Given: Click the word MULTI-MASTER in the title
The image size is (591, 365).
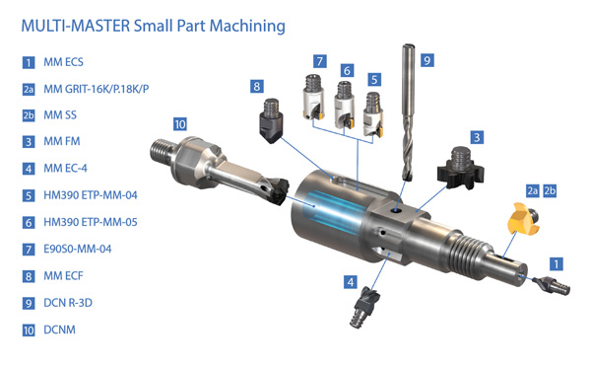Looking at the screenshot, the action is tap(76, 26).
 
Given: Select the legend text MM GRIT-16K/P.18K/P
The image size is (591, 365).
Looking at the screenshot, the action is tap(97, 89).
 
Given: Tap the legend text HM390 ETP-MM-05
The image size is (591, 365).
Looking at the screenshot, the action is tap(91, 222).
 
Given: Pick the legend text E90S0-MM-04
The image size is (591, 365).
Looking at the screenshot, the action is tap(78, 249).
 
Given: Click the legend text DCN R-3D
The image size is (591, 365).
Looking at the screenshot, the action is tap(68, 303).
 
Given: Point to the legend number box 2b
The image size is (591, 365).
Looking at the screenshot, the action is tap(29, 115).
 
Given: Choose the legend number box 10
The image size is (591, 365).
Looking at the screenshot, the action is tap(29, 330).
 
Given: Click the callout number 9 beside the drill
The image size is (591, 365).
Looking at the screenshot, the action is tap(427, 60).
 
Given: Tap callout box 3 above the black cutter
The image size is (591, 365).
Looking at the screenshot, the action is tap(477, 137).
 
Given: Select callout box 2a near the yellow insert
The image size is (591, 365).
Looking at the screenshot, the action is tap(532, 191).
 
